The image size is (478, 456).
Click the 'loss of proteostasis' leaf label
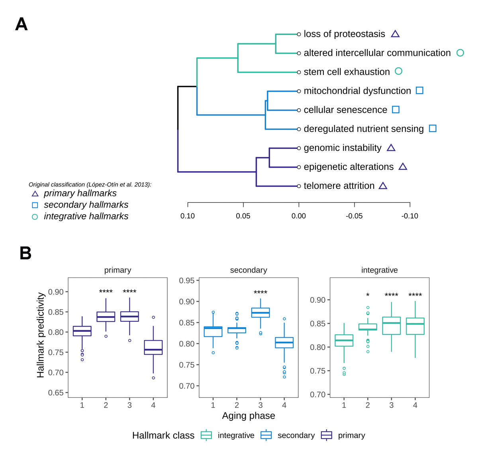click(344, 34)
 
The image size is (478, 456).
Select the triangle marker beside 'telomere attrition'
click(383, 186)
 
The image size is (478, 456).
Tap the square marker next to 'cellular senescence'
click(396, 110)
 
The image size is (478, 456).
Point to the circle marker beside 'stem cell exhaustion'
click(398, 71)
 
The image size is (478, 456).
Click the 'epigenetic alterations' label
click(349, 167)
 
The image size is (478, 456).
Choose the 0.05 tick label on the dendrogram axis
click(243, 216)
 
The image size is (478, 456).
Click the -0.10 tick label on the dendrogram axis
click(409, 216)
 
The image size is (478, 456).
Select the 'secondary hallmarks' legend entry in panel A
click(86, 205)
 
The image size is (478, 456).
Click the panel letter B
click(25, 253)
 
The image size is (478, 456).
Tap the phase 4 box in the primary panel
click(153, 347)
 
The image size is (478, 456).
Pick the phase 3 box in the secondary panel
click(261, 313)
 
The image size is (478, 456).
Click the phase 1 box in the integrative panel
click(344, 341)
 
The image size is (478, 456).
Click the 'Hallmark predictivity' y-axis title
click(40, 335)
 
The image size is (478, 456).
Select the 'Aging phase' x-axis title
click(249, 416)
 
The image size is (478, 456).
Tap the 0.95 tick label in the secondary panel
click(186, 281)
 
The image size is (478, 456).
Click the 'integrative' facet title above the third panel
click(379, 270)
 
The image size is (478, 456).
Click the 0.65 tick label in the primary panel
click(56, 393)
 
